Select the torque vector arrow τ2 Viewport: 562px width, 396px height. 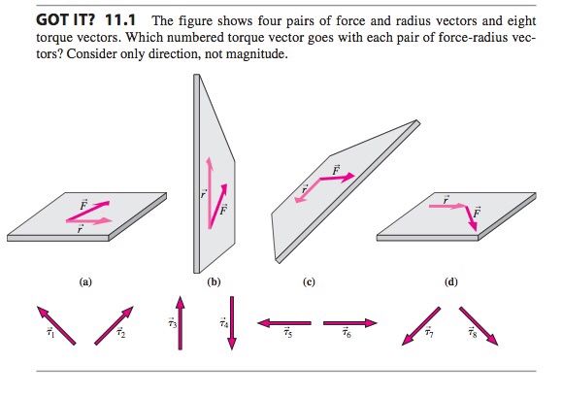point(113,324)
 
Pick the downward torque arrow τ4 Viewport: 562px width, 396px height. point(231,323)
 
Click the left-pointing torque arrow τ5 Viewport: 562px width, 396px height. point(283,321)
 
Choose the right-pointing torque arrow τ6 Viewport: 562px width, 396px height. point(349,321)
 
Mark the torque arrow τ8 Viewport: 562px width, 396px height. point(478,325)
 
